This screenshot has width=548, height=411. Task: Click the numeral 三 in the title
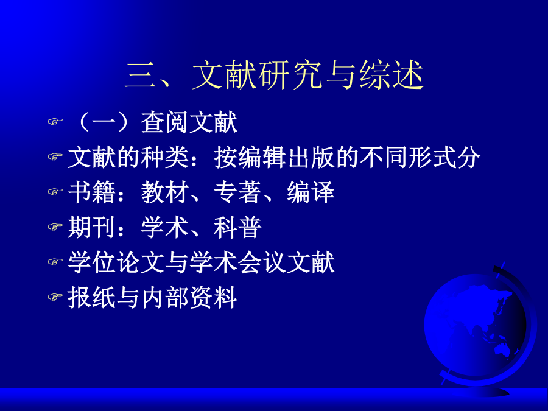(x=140, y=75)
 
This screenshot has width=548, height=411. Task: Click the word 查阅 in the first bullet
(x=165, y=122)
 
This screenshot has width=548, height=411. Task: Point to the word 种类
(x=165, y=157)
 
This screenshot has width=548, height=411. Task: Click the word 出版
(x=311, y=157)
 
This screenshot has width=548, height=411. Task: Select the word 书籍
(x=91, y=192)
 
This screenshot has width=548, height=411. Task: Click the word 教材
(x=165, y=192)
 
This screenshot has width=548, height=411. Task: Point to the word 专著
(x=237, y=192)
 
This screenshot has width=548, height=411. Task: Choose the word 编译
(x=311, y=192)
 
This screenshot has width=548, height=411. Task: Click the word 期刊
(x=91, y=228)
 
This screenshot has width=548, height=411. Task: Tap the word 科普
(x=237, y=228)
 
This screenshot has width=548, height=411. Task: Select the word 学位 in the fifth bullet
(x=91, y=262)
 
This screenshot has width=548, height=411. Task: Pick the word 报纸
(x=91, y=298)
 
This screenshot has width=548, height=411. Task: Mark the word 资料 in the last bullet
(x=214, y=298)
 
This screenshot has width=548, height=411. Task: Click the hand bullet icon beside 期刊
(x=55, y=227)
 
